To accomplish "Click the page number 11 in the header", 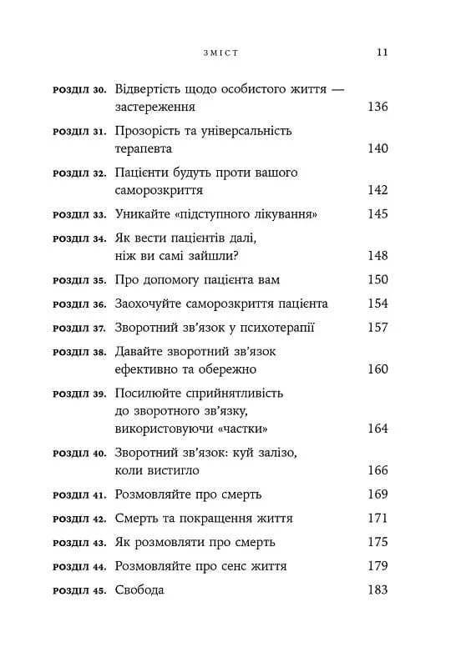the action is (382, 52).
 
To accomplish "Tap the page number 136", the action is (377, 108).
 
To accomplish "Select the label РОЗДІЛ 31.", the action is (79, 132).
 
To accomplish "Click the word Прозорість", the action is (146, 131).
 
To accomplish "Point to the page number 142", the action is (377, 190).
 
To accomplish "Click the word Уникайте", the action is (140, 214).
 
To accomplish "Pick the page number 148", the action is (377, 255).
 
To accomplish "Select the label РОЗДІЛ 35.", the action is (79, 280).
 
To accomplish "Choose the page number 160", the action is (377, 369).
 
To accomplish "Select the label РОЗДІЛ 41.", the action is (79, 494).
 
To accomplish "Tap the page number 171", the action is (377, 518).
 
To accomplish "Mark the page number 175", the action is (377, 542).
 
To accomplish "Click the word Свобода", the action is (139, 590).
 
